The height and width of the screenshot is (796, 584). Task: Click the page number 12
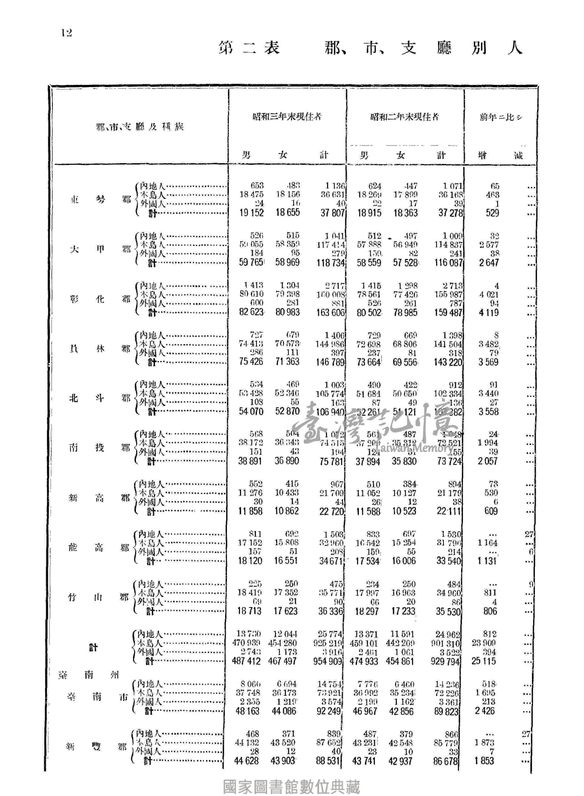click(x=66, y=33)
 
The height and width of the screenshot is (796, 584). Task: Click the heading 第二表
click(x=249, y=48)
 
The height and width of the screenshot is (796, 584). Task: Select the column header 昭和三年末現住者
click(x=287, y=116)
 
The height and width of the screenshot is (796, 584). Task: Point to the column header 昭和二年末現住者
click(x=404, y=116)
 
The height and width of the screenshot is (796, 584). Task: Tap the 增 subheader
click(x=482, y=155)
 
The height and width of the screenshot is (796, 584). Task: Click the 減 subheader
click(x=518, y=155)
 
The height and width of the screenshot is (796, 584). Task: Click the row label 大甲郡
click(x=100, y=249)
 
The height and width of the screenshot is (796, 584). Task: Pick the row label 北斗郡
click(x=100, y=399)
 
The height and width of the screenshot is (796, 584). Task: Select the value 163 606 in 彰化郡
click(x=330, y=313)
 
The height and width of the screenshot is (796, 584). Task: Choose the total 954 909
click(x=327, y=661)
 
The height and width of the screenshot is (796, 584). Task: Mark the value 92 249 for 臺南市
click(x=328, y=711)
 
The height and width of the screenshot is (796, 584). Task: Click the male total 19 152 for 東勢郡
click(x=251, y=213)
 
